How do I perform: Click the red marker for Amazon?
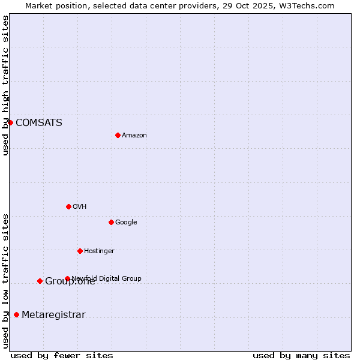tap(118, 135)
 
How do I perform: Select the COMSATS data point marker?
tap(10, 122)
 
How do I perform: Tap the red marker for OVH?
tap(68, 206)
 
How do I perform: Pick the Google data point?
tap(111, 222)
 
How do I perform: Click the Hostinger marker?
tap(80, 251)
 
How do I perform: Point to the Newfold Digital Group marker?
tap(67, 278)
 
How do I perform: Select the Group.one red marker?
tap(40, 281)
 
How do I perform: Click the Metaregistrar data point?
tap(16, 314)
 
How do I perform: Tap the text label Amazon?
tap(134, 136)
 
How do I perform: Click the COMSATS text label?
tap(38, 123)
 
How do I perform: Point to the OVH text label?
tap(80, 207)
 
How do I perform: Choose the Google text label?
tap(126, 223)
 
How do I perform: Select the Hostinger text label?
tap(99, 251)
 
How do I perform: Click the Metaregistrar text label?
tap(53, 315)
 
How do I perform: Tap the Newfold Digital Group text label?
tap(107, 278)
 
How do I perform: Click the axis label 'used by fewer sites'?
tap(62, 356)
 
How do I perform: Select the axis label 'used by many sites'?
tap(301, 356)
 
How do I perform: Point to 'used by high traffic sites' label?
tap(5, 85)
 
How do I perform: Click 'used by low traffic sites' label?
tap(5, 281)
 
